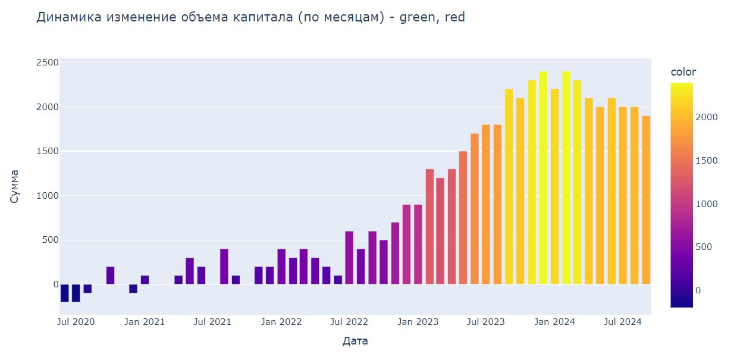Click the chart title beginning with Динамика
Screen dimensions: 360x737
point(250,17)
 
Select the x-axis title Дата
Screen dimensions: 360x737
point(355,341)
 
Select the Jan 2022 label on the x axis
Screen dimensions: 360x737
point(281,322)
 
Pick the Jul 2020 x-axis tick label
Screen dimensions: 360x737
point(76,322)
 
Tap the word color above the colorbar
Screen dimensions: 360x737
point(683,72)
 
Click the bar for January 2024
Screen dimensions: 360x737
point(566,178)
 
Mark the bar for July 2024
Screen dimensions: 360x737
point(623,196)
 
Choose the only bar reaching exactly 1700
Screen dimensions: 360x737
point(475,209)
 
